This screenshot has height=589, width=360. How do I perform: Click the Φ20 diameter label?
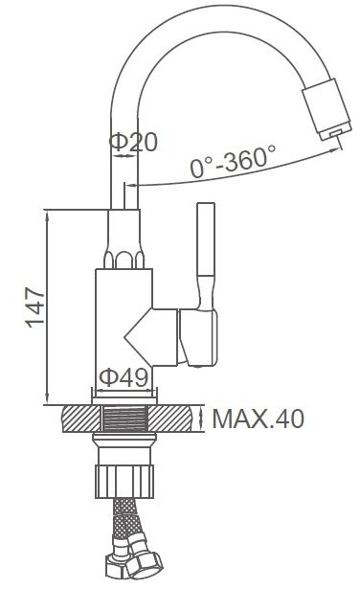pos(133,142)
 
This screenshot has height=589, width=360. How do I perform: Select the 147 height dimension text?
pos(34,307)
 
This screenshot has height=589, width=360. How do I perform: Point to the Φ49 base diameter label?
pos(124,377)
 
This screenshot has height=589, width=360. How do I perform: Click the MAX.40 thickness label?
pos(259,419)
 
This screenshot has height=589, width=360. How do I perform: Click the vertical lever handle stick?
pos(206,240)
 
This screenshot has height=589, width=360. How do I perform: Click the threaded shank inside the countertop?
pos(125,419)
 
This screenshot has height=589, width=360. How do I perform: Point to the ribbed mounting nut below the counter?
pos(124,481)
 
